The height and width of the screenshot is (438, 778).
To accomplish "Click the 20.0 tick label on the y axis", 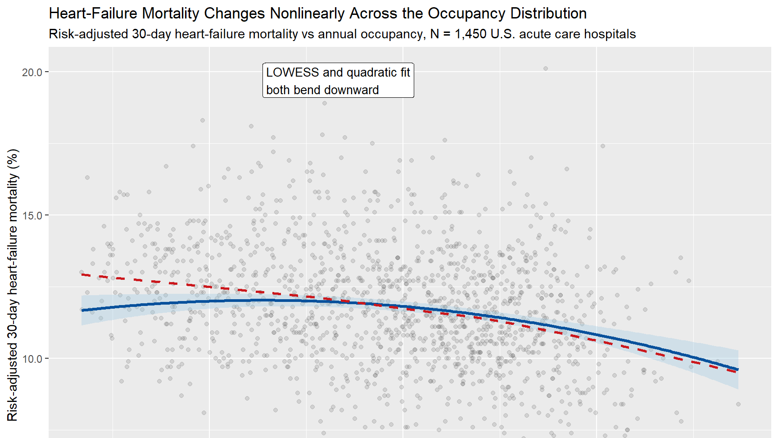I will [32, 72].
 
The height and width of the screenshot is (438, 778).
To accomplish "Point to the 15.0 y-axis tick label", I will [32, 215].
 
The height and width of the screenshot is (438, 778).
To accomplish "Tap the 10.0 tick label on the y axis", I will [32, 359].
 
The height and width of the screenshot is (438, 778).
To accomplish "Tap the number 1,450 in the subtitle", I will [470, 34].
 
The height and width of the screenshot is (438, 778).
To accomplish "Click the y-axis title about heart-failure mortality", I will [13, 285].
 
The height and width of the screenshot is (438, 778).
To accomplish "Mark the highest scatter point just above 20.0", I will [545, 68].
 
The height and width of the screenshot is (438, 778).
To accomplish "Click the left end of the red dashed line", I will [82, 274].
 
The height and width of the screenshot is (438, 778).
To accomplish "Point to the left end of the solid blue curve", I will [82, 310].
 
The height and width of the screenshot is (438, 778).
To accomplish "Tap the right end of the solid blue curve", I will [737, 370].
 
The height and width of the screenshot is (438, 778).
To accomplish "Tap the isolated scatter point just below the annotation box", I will [324, 103].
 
